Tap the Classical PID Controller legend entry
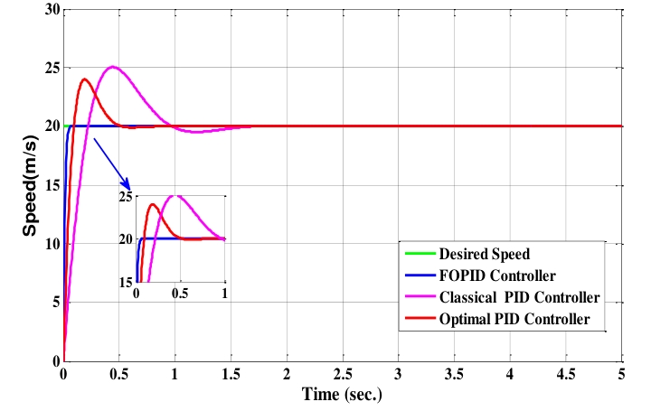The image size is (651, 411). [x=519, y=297]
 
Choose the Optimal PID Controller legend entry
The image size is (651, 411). [x=515, y=319]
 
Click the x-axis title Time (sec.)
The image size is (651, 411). [x=343, y=394]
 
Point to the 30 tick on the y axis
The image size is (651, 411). [x=50, y=10]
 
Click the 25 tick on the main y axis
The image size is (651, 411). [x=50, y=69]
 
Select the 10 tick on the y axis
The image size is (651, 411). [x=50, y=244]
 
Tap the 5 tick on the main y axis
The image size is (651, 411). [x=53, y=303]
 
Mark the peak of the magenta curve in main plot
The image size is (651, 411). [x=113, y=67]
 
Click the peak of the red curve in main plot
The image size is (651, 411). [x=85, y=79]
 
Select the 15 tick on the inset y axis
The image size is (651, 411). [x=127, y=282]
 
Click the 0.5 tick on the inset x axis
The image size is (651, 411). [x=181, y=294]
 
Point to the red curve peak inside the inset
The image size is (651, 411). [x=153, y=204]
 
